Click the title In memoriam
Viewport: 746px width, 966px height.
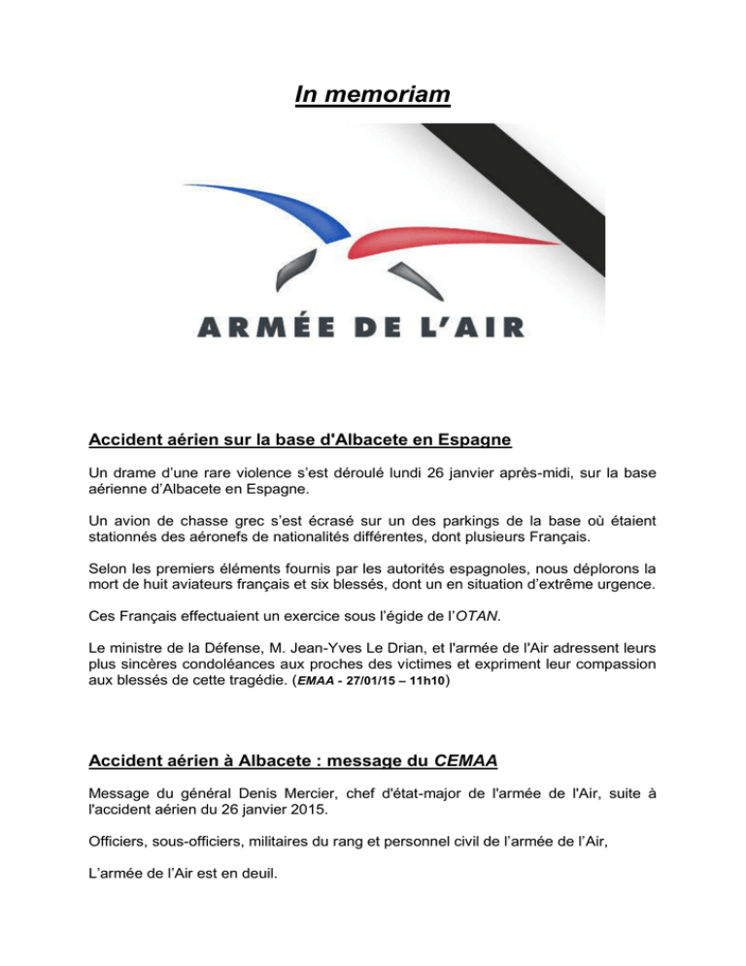(x=372, y=96)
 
